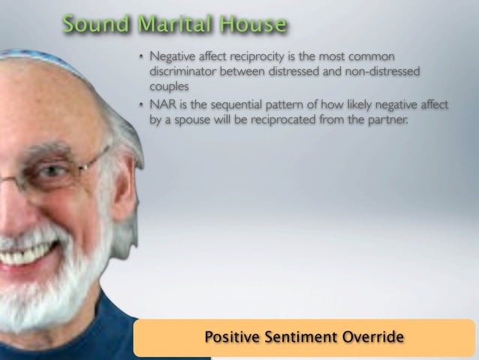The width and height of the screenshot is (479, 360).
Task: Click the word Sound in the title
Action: [89, 25]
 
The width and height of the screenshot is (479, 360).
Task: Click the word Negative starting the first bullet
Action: [173, 57]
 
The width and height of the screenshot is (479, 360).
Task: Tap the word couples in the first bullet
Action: [167, 85]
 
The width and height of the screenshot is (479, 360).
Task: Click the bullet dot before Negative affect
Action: [140, 58]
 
